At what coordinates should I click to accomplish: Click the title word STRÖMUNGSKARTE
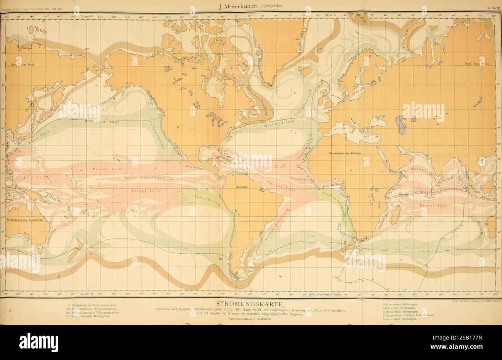250,303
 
